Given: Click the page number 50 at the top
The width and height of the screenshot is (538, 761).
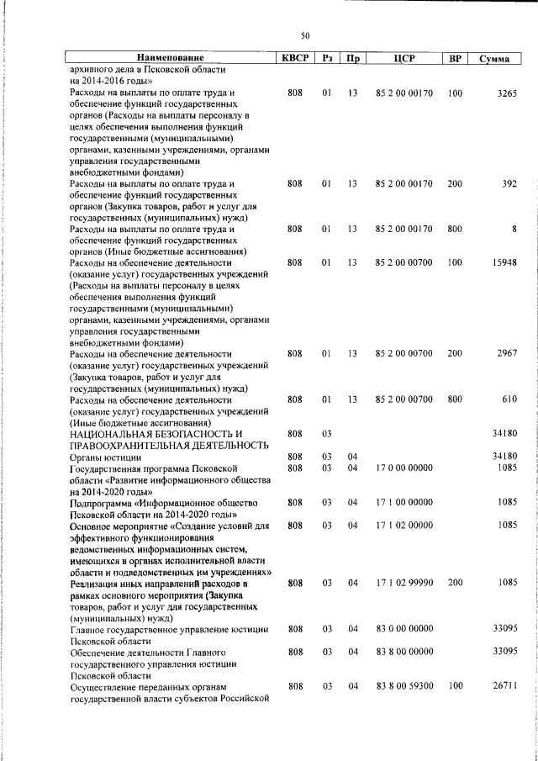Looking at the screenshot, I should (x=305, y=35).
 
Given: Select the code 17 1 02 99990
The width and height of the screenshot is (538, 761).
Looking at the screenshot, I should (x=404, y=582).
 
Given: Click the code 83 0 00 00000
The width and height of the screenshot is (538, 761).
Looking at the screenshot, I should (x=404, y=628).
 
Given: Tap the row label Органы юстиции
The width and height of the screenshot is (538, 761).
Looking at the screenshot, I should (x=103, y=456).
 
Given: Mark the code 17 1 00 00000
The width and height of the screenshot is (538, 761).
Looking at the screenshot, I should (x=404, y=502).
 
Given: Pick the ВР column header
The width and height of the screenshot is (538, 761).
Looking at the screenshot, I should (x=455, y=59).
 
